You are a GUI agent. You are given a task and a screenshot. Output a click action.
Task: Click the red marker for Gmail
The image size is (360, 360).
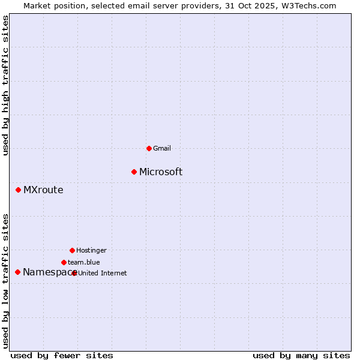tap(149, 148)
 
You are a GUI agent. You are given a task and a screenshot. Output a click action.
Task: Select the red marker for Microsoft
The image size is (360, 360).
tap(134, 172)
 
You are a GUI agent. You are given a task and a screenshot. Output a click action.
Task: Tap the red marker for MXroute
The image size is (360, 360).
tap(18, 190)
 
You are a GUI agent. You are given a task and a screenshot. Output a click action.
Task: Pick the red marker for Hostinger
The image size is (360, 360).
tap(72, 250)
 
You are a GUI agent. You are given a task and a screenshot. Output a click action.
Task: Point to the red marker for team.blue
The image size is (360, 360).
tap(64, 262)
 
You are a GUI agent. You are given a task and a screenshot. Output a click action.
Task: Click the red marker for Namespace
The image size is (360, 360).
tap(17, 272)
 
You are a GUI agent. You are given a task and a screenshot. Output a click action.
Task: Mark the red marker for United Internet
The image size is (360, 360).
tap(74, 273)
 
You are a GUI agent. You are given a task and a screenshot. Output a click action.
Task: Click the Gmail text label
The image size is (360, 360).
tap(163, 148)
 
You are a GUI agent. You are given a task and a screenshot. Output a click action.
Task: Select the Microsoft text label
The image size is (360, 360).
tap(161, 172)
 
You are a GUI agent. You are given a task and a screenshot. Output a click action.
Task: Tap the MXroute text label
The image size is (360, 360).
tap(43, 190)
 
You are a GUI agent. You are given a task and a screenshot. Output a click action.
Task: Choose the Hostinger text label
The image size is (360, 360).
tap(91, 250)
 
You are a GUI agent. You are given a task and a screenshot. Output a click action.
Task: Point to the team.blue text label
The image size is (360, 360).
tap(84, 262)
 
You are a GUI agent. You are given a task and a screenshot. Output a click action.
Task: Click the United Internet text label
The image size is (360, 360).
tap(103, 273)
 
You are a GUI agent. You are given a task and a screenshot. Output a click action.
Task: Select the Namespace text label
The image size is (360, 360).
tap(47, 272)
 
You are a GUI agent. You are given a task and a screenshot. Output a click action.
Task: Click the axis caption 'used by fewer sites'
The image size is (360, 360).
tap(62, 356)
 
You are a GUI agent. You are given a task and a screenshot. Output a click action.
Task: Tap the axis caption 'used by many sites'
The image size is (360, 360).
tap(301, 356)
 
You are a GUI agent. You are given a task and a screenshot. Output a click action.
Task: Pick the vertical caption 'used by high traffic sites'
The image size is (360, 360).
tap(6, 86)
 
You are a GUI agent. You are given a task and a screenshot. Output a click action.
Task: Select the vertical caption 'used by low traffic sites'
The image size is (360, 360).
tap(6, 281)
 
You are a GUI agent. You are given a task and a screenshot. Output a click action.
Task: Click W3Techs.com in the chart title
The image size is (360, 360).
tap(309, 5)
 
